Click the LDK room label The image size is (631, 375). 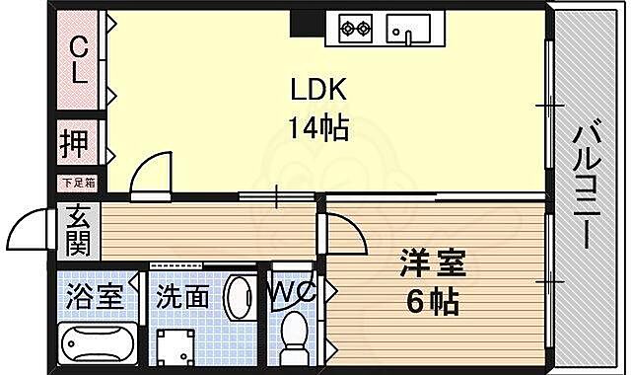pyautogui.click(x=317, y=90)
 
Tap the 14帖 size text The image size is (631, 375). pyautogui.click(x=317, y=127)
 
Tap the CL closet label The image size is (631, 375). pyautogui.click(x=78, y=59)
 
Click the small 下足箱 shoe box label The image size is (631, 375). pyautogui.click(x=77, y=182)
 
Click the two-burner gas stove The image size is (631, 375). pyautogui.click(x=357, y=27)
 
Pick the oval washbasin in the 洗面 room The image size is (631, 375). pyautogui.click(x=240, y=299)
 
